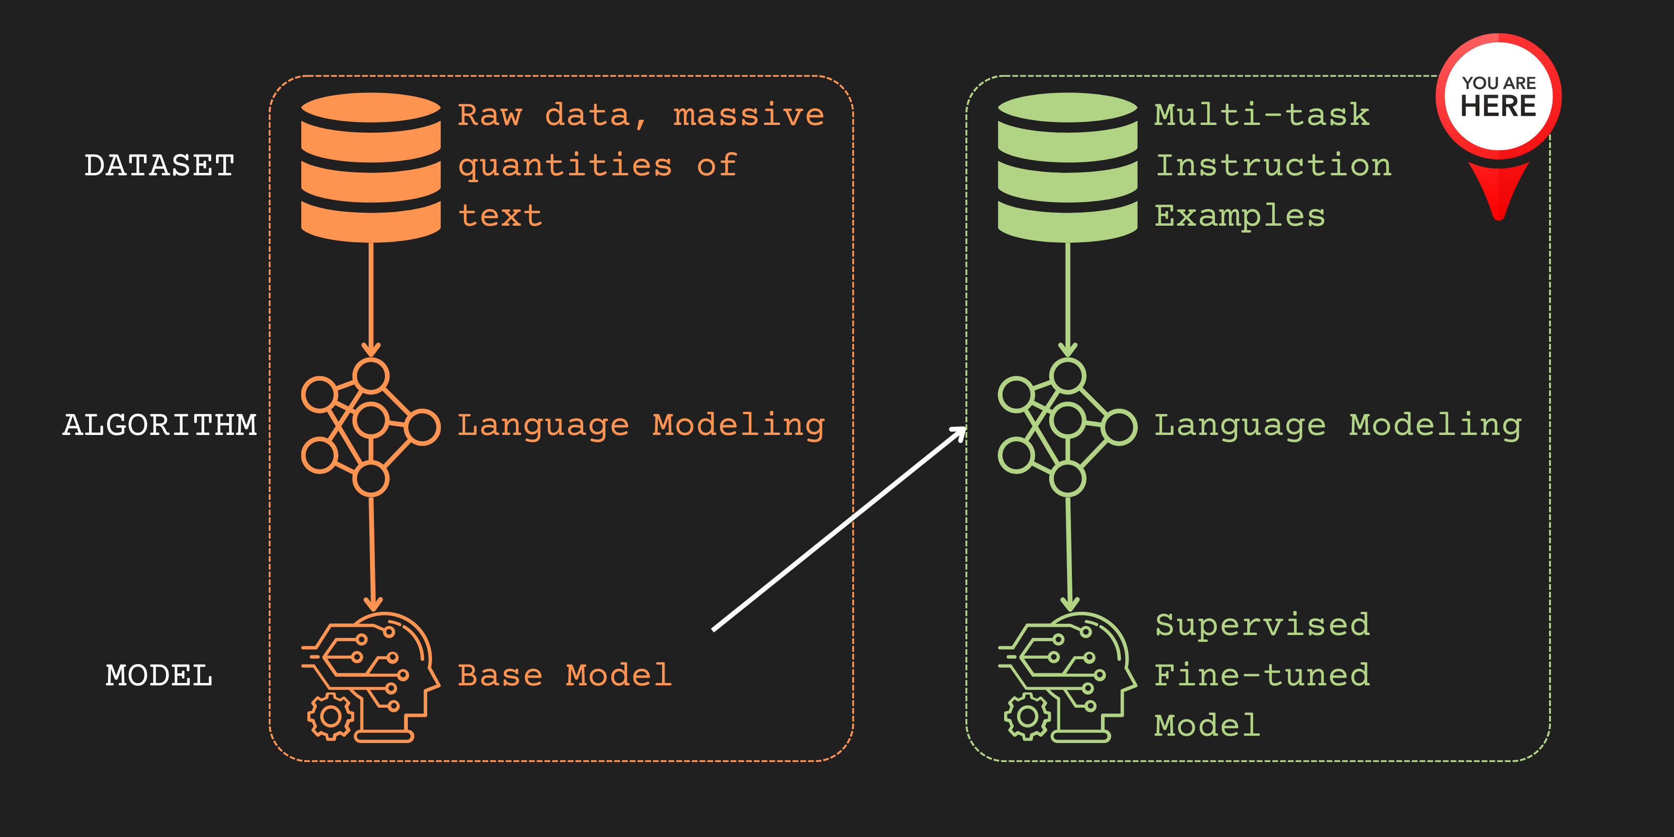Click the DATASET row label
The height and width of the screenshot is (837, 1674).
[x=159, y=165]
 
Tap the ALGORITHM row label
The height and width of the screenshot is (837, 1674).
[x=160, y=425]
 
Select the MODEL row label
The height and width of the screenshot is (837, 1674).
[x=159, y=675]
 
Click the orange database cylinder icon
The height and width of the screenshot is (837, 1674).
[x=371, y=168]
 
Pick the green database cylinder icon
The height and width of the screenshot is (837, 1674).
[x=1068, y=168]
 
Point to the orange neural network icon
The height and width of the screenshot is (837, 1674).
[x=371, y=427]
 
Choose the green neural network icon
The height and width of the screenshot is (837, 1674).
[x=1068, y=427]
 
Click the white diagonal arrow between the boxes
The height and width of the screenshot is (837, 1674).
[x=839, y=528]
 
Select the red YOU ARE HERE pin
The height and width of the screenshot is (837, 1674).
[x=1499, y=127]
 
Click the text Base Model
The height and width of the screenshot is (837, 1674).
[x=565, y=675]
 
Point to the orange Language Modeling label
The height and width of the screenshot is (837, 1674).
[x=641, y=426]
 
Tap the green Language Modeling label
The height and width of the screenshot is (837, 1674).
[x=1338, y=426]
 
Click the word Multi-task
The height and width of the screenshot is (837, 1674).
[x=1262, y=115]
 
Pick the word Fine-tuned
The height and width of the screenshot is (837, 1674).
[x=1262, y=675]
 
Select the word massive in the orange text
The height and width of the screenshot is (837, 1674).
[x=749, y=115]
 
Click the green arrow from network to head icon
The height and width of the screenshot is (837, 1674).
[x=1069, y=554]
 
